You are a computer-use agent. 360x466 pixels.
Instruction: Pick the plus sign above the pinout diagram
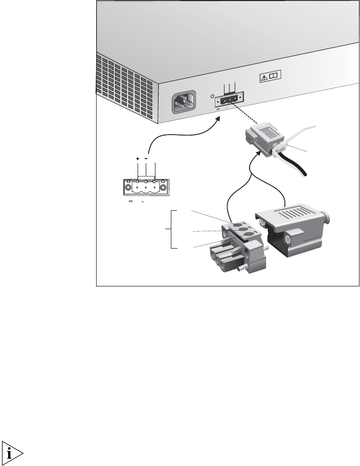138,159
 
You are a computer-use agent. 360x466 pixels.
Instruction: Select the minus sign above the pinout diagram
146,159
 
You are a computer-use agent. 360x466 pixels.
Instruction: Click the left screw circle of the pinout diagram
128,188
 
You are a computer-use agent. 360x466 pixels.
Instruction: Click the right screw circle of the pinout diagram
163,188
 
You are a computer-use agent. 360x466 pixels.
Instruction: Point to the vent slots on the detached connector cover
300,215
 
